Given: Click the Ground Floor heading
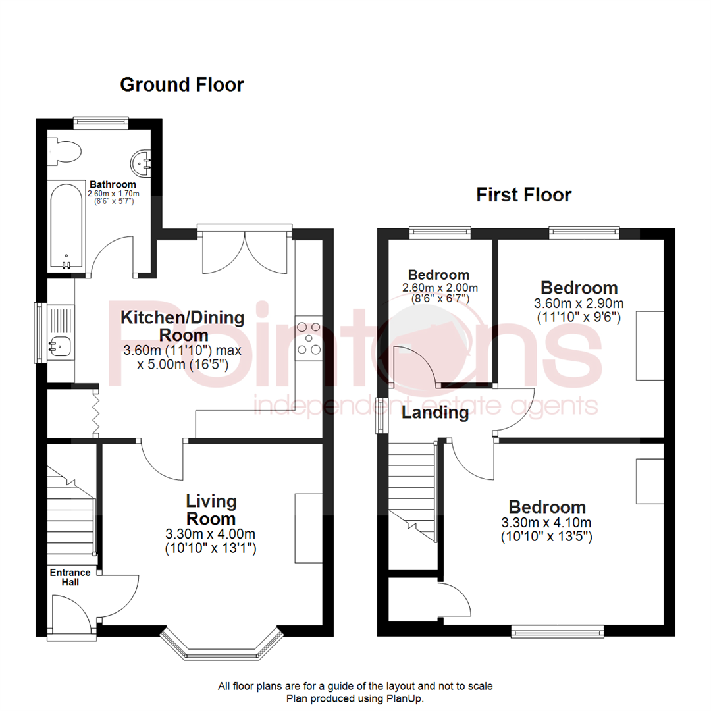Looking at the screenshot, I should [x=182, y=85].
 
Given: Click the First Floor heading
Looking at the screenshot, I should [x=523, y=195].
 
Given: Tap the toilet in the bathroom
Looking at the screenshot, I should [x=66, y=151].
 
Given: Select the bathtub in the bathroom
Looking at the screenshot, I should [x=66, y=226].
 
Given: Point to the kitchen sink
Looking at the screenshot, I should [x=59, y=343].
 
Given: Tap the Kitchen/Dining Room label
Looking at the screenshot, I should [x=182, y=326].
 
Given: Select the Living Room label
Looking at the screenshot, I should [x=211, y=509].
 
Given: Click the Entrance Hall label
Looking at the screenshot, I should [x=70, y=577].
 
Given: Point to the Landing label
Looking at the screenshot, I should [x=435, y=413].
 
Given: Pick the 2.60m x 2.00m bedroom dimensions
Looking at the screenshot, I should [x=439, y=293].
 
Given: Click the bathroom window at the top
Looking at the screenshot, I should [x=101, y=120].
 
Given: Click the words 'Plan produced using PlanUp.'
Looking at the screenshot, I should [x=355, y=698].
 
